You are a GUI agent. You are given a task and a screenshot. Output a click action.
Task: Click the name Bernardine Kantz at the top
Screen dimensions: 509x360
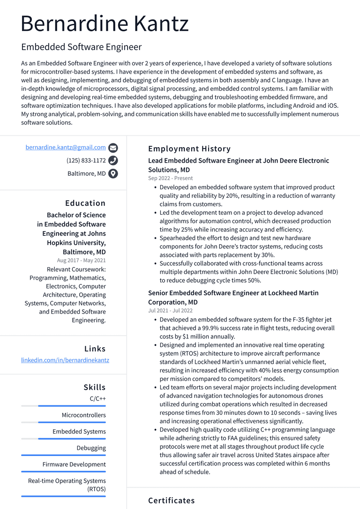(x=105, y=23)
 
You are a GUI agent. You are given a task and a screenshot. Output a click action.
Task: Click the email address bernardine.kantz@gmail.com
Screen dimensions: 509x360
(x=66, y=147)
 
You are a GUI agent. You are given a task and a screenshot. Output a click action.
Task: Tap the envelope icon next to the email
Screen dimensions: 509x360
(x=113, y=148)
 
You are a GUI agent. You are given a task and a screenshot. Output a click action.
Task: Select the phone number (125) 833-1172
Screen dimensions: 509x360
(x=86, y=160)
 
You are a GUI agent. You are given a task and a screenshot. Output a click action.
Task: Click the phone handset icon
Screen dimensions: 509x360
(x=113, y=161)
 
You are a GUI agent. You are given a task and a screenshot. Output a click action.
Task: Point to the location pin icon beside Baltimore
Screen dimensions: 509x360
(x=113, y=174)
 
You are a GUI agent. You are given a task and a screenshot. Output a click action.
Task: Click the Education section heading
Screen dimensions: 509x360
(x=85, y=203)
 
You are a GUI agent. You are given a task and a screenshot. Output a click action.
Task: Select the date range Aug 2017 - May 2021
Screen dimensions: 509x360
(x=81, y=260)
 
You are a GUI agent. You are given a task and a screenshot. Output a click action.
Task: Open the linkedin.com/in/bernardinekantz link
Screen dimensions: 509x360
(x=65, y=360)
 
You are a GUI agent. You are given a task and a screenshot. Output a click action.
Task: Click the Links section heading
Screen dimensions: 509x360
(x=95, y=349)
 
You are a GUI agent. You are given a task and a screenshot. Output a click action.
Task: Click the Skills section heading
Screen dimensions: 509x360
(x=95, y=387)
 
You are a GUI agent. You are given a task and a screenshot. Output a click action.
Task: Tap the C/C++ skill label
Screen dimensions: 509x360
(x=97, y=398)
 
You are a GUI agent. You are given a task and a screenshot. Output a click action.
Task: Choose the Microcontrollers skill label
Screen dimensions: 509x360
(x=84, y=415)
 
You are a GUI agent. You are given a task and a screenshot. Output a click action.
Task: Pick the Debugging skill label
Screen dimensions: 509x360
(x=91, y=448)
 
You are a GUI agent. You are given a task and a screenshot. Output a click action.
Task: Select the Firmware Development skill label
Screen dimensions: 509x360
(x=74, y=464)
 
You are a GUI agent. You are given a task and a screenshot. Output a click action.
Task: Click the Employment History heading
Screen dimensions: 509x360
(x=189, y=149)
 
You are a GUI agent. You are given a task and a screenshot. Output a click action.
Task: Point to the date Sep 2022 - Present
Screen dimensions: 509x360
(x=170, y=178)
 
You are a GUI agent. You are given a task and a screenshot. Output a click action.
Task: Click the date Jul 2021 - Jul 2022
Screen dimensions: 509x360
(x=170, y=310)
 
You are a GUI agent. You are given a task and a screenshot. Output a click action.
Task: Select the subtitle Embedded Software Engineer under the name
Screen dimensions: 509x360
(x=81, y=47)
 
